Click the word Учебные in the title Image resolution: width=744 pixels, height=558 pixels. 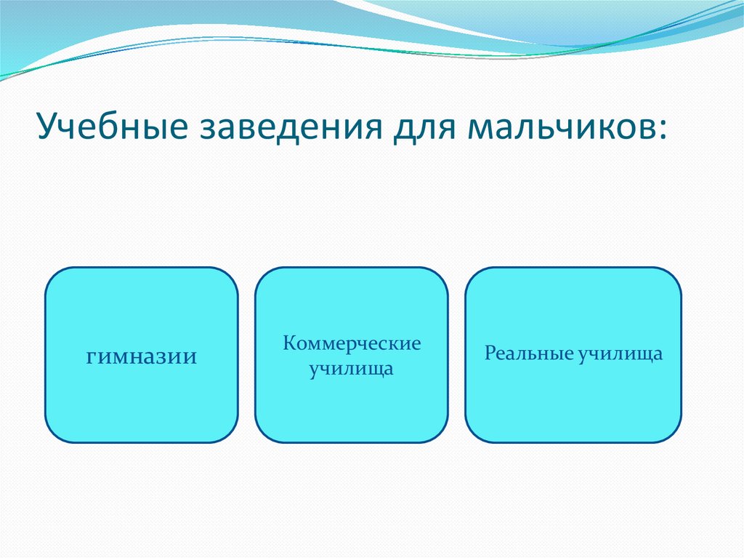(113, 126)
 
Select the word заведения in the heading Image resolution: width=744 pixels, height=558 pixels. (291, 128)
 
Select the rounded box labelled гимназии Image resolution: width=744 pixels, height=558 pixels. (142, 355)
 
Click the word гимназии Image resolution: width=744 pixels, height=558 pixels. (142, 357)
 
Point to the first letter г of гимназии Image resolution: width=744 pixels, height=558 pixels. (92, 357)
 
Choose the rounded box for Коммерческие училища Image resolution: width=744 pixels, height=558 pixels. (351, 355)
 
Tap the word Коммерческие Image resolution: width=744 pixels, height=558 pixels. (352, 343)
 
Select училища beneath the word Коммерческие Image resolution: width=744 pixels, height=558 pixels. (351, 369)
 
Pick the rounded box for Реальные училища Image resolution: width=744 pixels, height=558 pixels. (573, 355)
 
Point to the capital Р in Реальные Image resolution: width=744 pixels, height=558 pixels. (490, 353)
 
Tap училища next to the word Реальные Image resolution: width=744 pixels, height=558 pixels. (620, 354)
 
